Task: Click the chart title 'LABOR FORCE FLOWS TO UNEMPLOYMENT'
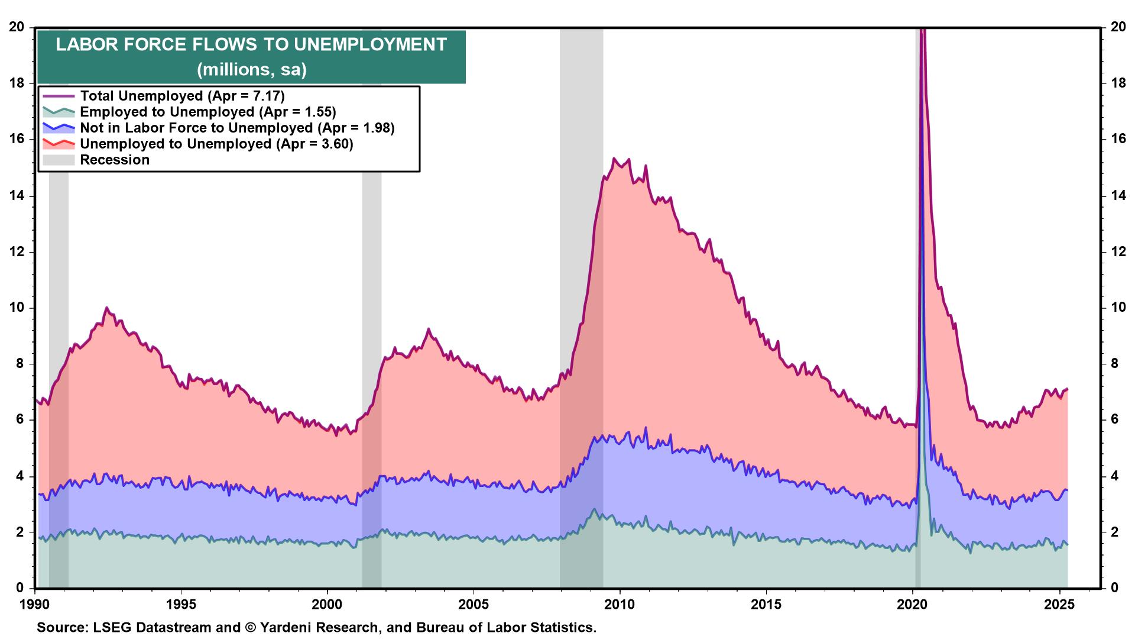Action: (x=251, y=45)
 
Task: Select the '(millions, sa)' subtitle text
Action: (x=251, y=70)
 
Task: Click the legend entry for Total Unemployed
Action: (x=182, y=96)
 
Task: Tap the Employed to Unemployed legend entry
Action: (x=207, y=112)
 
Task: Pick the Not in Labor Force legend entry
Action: (x=236, y=128)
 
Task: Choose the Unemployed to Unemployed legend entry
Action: (x=216, y=144)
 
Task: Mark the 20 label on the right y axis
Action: (x=1118, y=27)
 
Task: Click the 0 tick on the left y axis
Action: (x=20, y=588)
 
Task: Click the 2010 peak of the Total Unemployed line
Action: (x=614, y=159)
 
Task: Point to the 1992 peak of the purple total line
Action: (x=106, y=308)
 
